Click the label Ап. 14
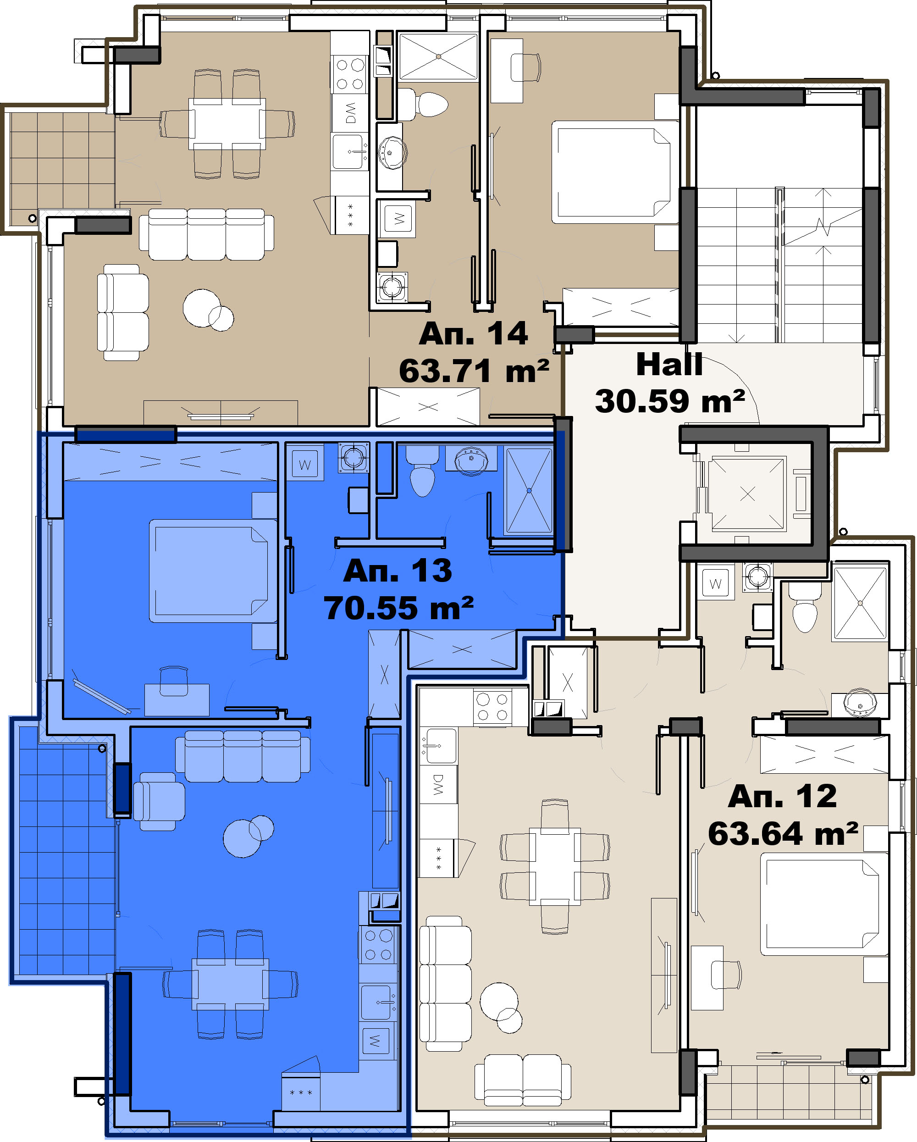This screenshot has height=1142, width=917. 473,334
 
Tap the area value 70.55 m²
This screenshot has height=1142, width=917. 399,608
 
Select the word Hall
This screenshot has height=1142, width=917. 669,365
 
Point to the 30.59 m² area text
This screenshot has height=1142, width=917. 670,401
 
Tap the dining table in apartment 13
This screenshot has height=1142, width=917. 230,984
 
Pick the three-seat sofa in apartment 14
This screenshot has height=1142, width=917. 206,234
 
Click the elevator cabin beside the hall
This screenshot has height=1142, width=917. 747,493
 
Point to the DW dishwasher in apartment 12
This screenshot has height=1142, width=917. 438,784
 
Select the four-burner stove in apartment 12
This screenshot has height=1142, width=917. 492,707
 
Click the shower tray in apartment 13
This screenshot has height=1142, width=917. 529,490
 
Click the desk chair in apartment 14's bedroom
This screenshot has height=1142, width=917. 525,67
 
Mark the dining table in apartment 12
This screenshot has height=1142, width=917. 555,865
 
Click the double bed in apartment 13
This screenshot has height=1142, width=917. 213,571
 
